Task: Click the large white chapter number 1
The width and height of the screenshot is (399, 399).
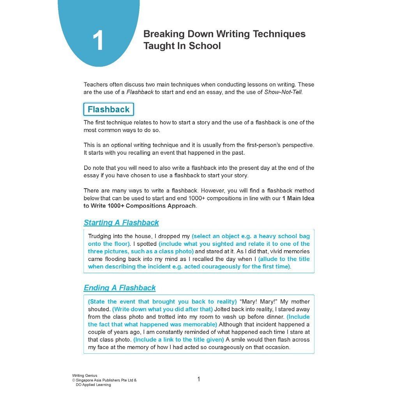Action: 98,41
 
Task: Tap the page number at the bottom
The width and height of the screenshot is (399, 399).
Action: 198,379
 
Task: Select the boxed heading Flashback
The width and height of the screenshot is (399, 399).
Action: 108,109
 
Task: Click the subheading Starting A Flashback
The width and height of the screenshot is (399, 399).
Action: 121,223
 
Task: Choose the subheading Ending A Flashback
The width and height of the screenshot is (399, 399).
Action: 120,288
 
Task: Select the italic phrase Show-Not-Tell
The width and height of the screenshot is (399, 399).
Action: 283,92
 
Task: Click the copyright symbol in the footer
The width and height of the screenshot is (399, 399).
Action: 74,380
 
